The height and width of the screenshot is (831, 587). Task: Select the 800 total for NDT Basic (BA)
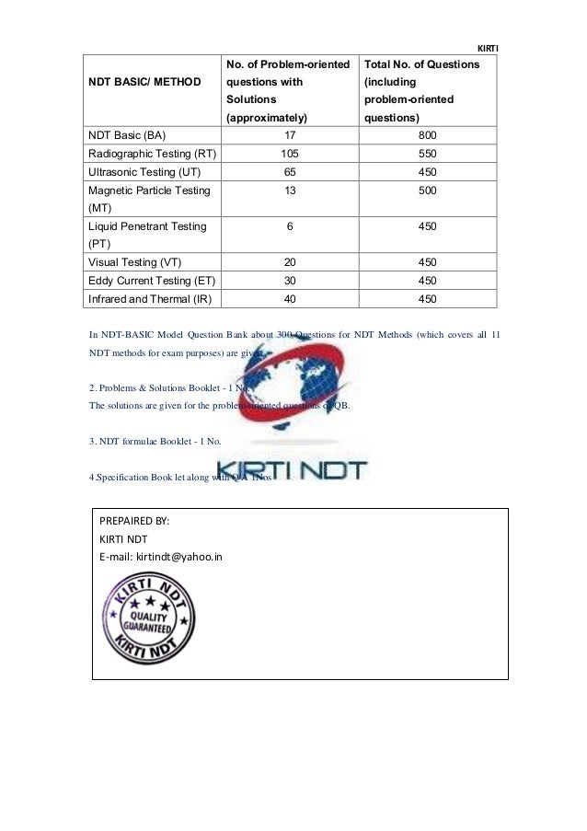tap(427, 134)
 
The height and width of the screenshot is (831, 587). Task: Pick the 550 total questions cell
tap(427, 153)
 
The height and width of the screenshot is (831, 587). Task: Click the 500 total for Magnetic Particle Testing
tap(427, 190)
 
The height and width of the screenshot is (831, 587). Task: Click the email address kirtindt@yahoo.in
tap(160, 557)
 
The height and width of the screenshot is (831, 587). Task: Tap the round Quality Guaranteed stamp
tap(151, 617)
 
